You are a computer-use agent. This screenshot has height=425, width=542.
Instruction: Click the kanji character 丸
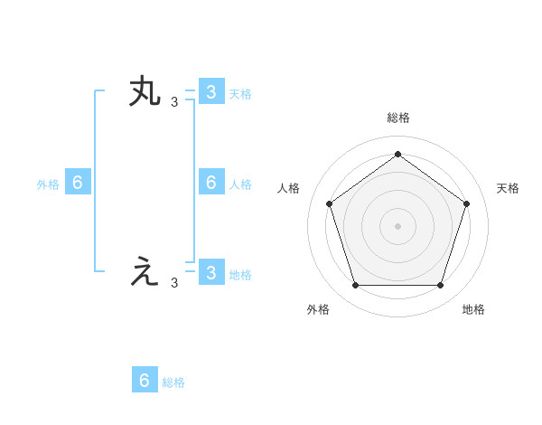(x=145, y=93)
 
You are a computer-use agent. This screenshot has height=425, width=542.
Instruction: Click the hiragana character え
(x=145, y=272)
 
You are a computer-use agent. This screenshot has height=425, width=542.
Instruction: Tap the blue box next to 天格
(x=210, y=91)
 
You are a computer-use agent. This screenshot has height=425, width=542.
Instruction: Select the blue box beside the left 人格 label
(x=210, y=183)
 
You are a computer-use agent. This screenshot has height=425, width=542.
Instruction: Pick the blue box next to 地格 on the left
(x=210, y=273)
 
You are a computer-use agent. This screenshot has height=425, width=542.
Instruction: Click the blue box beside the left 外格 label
(x=78, y=183)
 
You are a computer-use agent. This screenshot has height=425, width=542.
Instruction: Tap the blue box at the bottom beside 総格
(x=145, y=380)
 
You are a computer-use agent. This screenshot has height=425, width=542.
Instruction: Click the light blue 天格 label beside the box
(x=240, y=93)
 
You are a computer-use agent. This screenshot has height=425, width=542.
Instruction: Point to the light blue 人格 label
(x=240, y=184)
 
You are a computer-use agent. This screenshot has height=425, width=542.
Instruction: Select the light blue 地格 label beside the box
(x=240, y=275)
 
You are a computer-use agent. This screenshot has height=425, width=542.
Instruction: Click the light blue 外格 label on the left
(x=48, y=184)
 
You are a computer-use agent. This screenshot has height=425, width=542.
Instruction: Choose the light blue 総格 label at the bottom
(x=173, y=382)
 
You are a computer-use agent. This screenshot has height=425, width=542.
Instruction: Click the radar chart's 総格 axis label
(x=397, y=118)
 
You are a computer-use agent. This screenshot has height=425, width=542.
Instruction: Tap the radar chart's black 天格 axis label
(x=508, y=188)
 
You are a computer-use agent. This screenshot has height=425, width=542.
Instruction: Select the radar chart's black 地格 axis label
(x=473, y=309)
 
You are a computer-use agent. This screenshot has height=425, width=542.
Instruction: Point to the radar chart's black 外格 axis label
(x=318, y=309)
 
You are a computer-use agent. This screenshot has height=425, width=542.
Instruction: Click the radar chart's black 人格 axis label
(x=288, y=188)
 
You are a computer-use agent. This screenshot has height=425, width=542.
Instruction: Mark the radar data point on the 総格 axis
(x=397, y=154)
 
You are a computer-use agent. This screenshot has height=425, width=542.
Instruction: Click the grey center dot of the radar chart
(x=397, y=225)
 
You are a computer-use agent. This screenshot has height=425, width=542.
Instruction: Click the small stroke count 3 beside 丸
(x=174, y=102)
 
